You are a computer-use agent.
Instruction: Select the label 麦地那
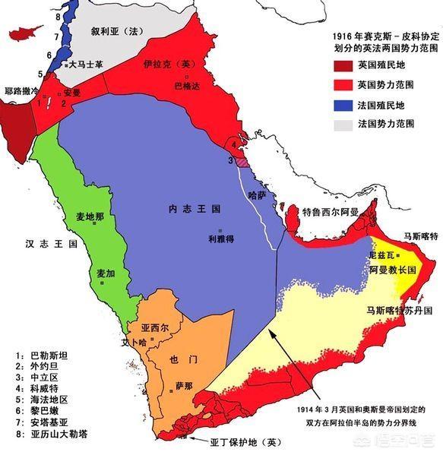90,216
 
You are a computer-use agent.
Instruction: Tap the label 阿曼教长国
391,270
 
